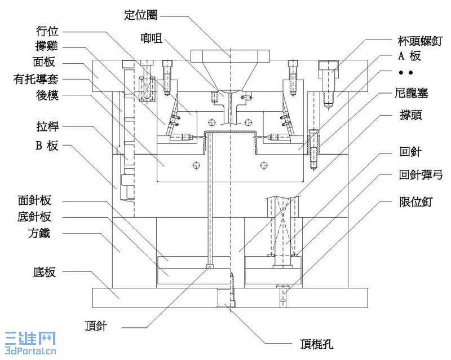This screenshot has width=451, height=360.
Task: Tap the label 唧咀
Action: (x=152, y=38)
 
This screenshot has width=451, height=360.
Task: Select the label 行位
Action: (x=47, y=31)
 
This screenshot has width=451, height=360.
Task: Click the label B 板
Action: (x=46, y=146)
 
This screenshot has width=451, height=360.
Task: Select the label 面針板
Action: (x=38, y=200)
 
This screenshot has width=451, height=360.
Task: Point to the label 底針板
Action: (x=38, y=217)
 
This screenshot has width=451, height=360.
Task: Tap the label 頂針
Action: (x=94, y=326)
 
